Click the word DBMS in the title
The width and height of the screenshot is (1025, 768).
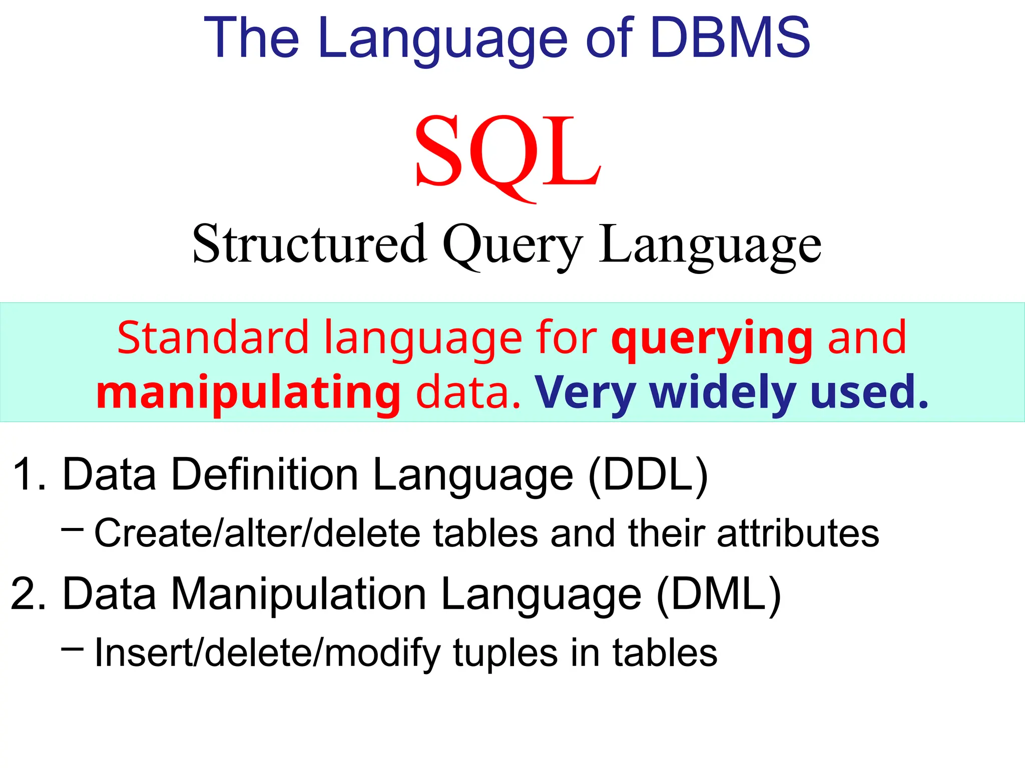pos(730,37)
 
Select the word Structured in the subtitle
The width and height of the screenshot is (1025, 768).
pos(309,244)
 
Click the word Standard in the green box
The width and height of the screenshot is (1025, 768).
pos(213,338)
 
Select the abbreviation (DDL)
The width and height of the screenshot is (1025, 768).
pos(648,474)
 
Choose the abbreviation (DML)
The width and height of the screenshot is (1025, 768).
pos(719,594)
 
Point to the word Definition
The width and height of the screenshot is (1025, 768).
pos(265,474)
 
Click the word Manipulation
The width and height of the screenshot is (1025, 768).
pos(299,594)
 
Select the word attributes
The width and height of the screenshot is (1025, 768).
pos(798,533)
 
